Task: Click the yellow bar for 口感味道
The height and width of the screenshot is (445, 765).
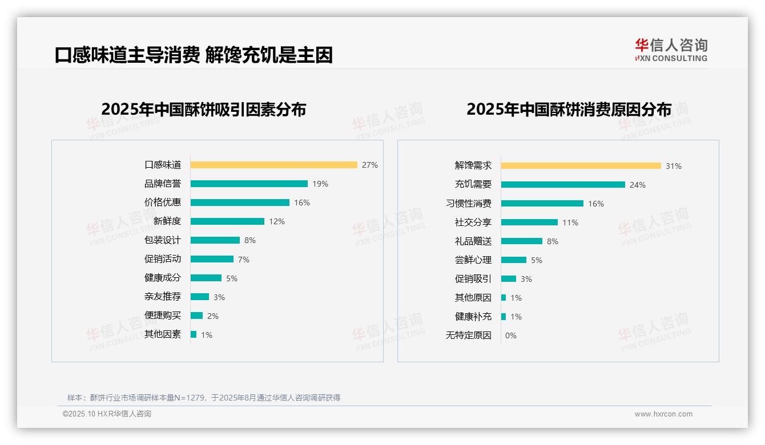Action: (x=273, y=165)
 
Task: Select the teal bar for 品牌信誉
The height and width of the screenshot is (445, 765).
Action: (x=249, y=184)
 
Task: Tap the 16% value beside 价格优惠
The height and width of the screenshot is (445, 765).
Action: (x=302, y=203)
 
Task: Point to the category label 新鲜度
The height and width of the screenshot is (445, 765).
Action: (x=167, y=221)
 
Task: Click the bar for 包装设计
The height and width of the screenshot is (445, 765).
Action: (x=215, y=240)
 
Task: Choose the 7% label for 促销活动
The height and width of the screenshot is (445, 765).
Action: (x=244, y=260)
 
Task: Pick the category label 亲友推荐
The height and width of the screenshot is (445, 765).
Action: (x=163, y=297)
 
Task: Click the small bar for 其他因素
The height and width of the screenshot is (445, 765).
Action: (x=194, y=334)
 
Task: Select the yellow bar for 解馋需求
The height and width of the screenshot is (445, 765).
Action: (x=581, y=166)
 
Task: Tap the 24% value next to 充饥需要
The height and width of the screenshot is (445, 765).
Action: (x=638, y=185)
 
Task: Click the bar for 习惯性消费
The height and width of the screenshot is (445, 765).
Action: (x=542, y=204)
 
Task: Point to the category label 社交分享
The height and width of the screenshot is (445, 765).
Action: (x=473, y=222)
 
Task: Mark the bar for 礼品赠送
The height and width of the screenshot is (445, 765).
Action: (x=522, y=241)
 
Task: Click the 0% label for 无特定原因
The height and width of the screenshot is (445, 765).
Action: (x=511, y=335)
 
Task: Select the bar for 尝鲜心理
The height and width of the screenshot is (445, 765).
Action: (x=514, y=260)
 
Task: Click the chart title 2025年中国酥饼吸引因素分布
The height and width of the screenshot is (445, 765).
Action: (x=204, y=110)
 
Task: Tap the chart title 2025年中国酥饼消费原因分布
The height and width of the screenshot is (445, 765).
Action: (x=569, y=110)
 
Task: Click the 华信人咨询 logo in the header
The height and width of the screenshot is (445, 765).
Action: (x=671, y=50)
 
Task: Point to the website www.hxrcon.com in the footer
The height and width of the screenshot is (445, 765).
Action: (x=663, y=414)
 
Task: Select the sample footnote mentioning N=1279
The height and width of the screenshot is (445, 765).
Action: (x=204, y=398)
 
